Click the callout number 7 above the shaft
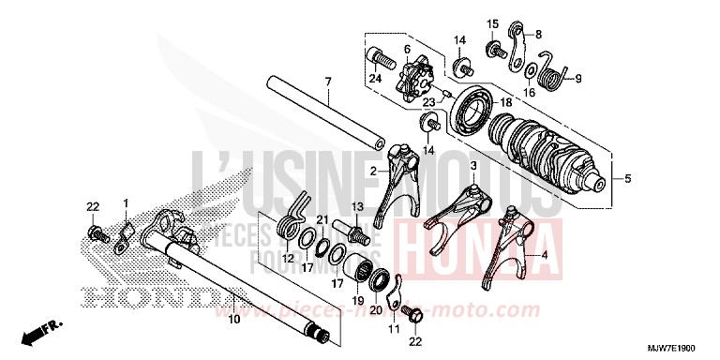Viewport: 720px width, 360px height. point(328,83)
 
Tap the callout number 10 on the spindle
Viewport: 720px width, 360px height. point(232,320)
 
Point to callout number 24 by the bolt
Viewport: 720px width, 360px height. point(376,79)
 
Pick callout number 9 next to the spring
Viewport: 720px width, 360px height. point(577,78)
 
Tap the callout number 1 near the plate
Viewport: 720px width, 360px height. point(124,202)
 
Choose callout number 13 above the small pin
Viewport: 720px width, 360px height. point(356,205)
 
